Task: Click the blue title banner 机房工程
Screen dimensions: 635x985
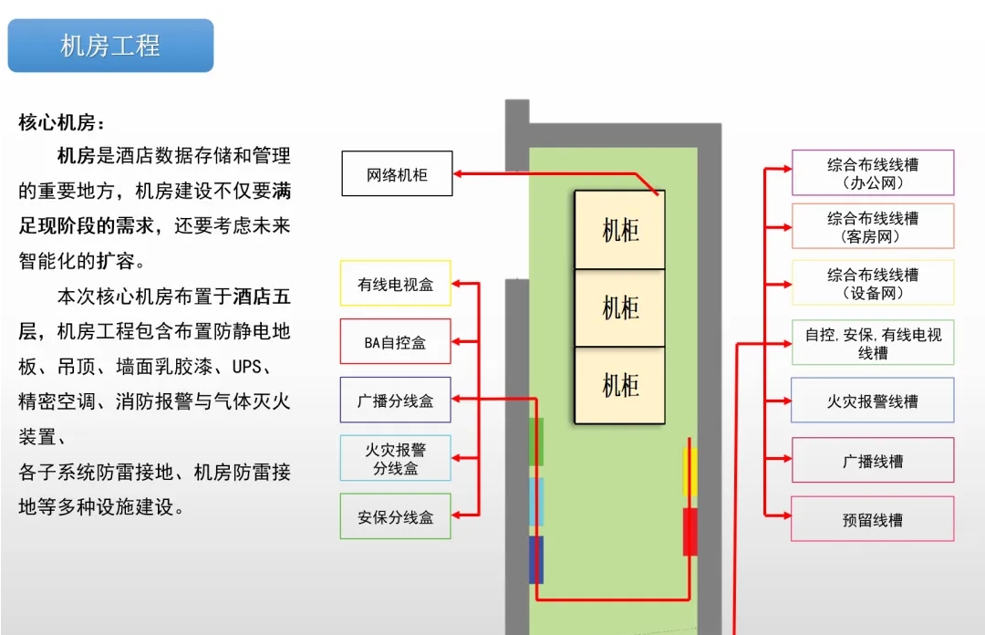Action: click(x=110, y=46)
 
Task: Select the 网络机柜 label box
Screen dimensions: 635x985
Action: click(x=397, y=173)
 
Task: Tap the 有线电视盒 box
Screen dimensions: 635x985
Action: click(x=395, y=285)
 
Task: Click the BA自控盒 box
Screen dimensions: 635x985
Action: click(x=395, y=342)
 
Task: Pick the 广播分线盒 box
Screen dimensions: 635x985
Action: click(x=395, y=400)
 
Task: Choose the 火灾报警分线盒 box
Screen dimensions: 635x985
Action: click(x=395, y=458)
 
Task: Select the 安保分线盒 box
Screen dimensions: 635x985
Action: click(x=395, y=516)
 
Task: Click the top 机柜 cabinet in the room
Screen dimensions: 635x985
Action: click(x=620, y=229)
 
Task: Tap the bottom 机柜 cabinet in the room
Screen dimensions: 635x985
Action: click(x=620, y=384)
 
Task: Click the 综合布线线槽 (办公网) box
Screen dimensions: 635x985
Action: click(x=873, y=172)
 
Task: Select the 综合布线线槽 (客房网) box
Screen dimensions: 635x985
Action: click(x=873, y=226)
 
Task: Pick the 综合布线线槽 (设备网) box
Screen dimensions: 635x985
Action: click(x=873, y=283)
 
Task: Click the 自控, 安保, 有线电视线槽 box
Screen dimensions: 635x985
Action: click(x=873, y=343)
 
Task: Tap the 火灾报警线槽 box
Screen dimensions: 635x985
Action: click(x=873, y=401)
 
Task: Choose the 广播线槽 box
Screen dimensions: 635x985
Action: click(x=873, y=461)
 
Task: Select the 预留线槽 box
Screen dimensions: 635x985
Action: click(x=873, y=519)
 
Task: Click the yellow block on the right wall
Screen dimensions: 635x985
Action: click(x=690, y=472)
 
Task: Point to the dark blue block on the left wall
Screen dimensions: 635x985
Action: click(x=536, y=559)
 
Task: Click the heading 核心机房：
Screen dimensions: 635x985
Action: click(x=62, y=122)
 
